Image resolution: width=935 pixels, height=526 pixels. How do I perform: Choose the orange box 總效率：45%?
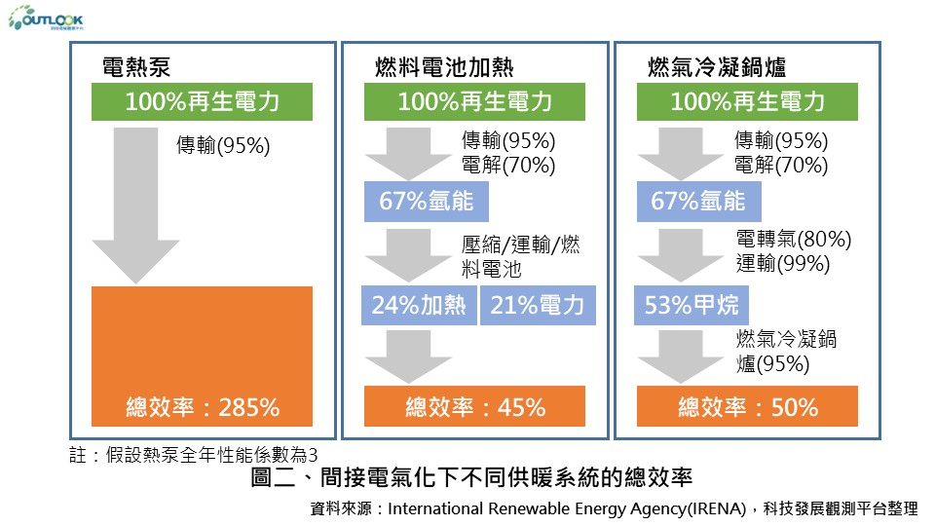474,407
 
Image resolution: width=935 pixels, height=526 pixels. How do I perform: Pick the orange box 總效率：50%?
747,407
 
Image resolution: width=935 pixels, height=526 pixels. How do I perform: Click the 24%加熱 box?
420,305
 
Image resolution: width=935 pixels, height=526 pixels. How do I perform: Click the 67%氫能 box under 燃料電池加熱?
426,202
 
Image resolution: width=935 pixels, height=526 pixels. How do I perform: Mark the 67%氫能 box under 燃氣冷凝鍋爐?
698,202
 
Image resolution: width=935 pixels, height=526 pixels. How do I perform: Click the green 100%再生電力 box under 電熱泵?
203,101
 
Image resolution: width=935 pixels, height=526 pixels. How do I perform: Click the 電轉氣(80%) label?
794,240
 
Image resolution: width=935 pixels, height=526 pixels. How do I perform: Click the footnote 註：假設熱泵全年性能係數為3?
194,455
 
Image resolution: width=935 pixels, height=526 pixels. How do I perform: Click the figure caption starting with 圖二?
471,478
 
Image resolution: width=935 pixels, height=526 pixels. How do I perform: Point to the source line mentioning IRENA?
613,508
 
